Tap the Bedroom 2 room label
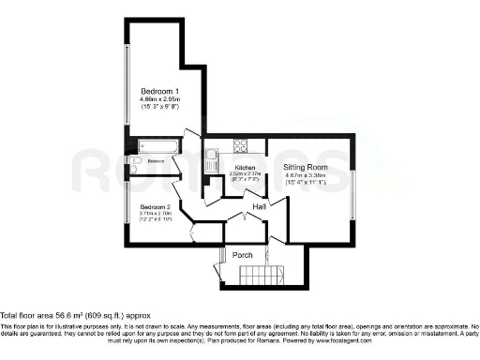click(x=155, y=206)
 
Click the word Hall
click(x=260, y=205)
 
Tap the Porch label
click(x=243, y=254)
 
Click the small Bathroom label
click(x=155, y=162)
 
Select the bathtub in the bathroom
click(x=155, y=145)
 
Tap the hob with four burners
click(x=239, y=145)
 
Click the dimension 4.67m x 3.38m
click(x=304, y=175)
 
